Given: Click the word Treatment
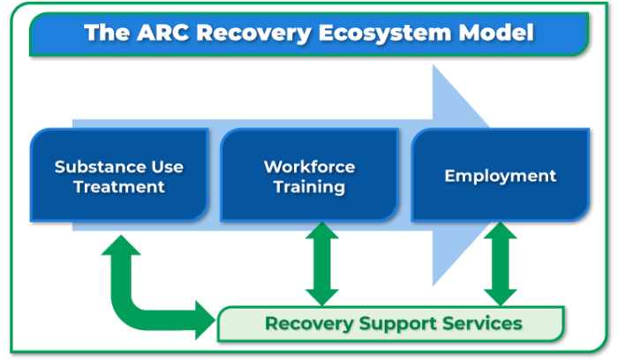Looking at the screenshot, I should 119,186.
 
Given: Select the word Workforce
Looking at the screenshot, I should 309,166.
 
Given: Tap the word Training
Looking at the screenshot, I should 309,186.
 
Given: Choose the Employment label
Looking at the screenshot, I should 500,176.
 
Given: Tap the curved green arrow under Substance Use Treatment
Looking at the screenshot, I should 132,291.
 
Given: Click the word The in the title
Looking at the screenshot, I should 102,34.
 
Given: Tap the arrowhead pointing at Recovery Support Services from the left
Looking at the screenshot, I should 205,314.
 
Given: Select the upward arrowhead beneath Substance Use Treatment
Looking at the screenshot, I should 118,243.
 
